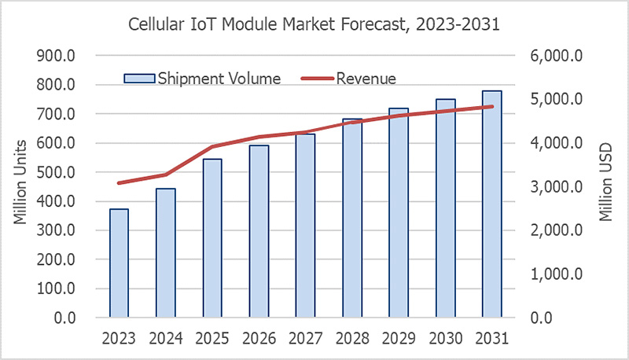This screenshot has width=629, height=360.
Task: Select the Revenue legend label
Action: click(366, 78)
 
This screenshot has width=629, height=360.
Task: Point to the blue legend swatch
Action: click(139, 78)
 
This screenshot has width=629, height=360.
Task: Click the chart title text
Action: click(314, 24)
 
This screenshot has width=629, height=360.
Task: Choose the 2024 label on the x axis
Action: click(165, 339)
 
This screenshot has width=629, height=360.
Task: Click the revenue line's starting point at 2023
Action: click(119, 183)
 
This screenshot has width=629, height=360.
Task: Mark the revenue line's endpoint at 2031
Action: click(492, 107)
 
